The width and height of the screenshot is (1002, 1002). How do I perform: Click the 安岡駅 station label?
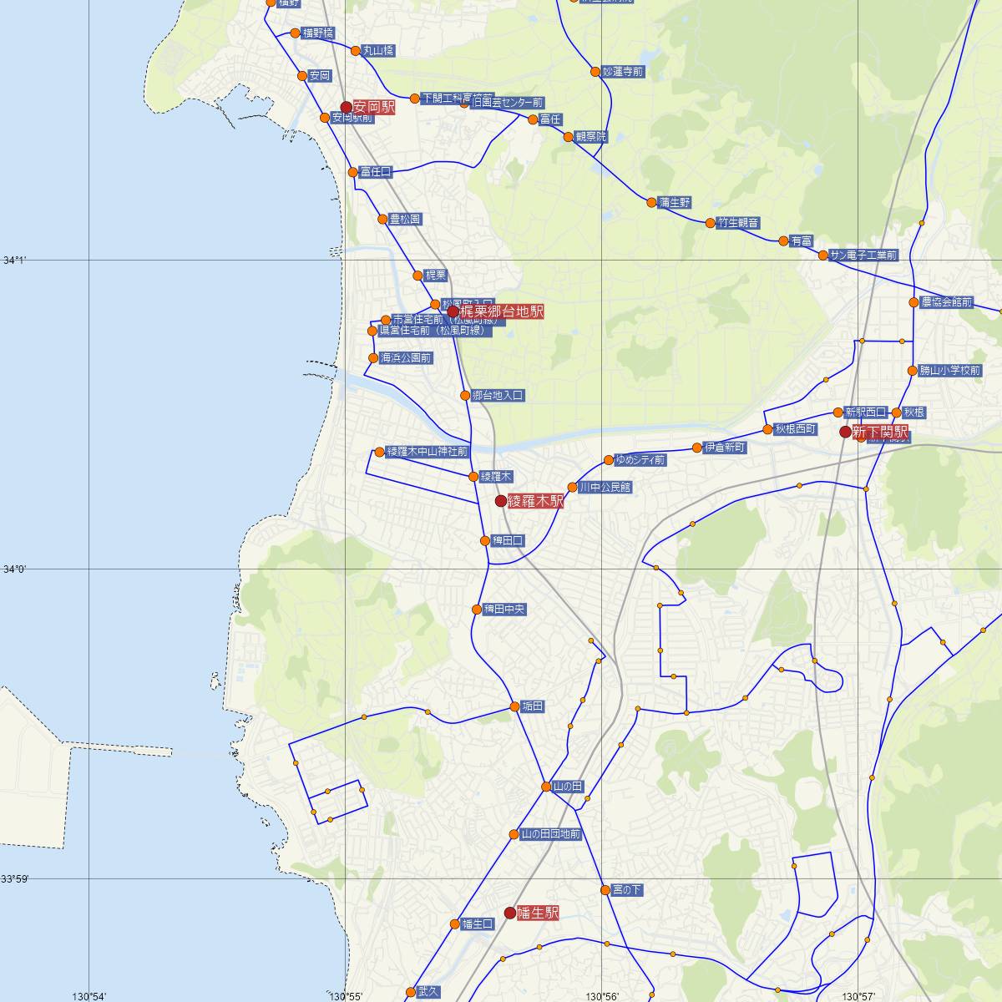(x=373, y=107)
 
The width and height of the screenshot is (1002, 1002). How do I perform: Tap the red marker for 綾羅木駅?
(x=501, y=501)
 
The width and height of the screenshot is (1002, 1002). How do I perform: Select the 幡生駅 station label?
(x=537, y=913)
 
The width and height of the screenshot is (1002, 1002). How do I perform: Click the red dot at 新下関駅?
(x=845, y=432)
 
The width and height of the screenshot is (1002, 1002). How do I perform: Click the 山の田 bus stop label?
(x=567, y=787)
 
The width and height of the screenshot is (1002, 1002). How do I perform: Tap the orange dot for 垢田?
(x=515, y=707)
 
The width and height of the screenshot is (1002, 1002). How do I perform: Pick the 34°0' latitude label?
(x=14, y=569)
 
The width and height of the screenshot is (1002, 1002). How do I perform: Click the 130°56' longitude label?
(x=602, y=996)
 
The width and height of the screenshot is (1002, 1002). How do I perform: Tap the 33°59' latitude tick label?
(x=14, y=878)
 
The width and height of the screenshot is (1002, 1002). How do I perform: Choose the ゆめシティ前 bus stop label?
(x=640, y=460)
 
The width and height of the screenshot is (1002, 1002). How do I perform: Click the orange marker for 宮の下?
(x=605, y=890)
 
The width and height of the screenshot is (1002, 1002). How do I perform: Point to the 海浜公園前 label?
(x=406, y=358)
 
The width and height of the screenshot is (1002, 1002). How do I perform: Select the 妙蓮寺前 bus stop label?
(x=623, y=72)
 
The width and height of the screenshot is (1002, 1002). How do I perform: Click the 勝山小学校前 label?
(x=949, y=370)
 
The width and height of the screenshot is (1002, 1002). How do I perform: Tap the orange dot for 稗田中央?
(x=477, y=610)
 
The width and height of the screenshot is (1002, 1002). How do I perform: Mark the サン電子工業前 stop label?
(x=863, y=256)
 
